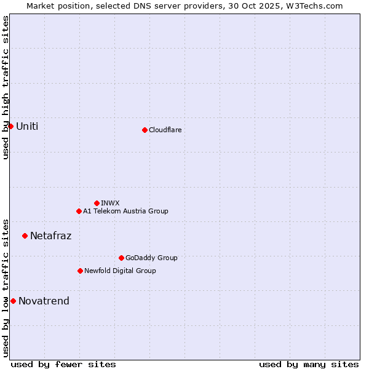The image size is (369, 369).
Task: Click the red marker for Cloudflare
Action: tap(145, 130)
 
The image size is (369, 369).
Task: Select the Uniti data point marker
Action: tap(10, 126)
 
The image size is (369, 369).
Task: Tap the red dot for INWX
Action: tap(97, 203)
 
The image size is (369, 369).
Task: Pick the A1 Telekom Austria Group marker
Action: tap(79, 211)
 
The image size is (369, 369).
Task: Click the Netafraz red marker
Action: tap(25, 236)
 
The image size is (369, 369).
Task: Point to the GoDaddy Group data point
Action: tap(121, 258)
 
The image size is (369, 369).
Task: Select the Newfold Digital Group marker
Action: tap(80, 271)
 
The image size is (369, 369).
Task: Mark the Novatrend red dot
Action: tap(13, 301)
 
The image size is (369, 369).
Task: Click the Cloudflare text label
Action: tap(165, 130)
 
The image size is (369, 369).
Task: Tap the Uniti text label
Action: tap(27, 127)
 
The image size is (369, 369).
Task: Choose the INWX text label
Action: tap(110, 203)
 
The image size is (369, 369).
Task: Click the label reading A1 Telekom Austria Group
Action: tap(125, 211)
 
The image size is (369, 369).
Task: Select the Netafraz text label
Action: tap(50, 236)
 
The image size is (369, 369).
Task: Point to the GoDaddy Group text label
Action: tap(151, 258)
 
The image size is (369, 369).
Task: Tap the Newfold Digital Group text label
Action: tap(120, 271)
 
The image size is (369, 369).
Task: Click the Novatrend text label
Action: tap(44, 301)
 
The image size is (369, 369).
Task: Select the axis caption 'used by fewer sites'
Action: tap(63, 364)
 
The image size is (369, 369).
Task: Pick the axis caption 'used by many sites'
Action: tap(309, 364)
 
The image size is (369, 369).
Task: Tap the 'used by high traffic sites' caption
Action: tap(6, 87)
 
